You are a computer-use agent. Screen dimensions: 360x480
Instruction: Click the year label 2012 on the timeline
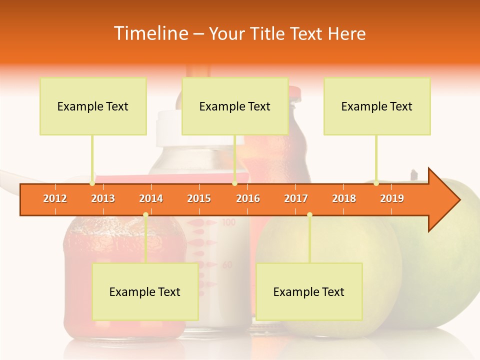tap(55, 198)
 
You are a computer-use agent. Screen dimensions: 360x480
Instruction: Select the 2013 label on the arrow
tap(103, 198)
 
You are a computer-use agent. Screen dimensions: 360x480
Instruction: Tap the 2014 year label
tap(151, 198)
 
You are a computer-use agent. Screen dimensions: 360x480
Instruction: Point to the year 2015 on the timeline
tap(199, 198)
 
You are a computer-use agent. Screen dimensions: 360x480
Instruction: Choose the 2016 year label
tap(248, 198)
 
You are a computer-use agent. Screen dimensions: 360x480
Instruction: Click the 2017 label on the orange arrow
tap(296, 198)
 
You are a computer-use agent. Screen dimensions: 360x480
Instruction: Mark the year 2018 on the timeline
tap(344, 198)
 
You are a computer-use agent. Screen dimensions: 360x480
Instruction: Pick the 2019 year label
tap(392, 198)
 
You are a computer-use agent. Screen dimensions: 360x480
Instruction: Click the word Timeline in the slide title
tap(150, 33)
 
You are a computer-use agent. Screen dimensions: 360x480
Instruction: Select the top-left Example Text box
tap(93, 106)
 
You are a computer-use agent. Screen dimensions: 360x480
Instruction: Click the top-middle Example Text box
tap(235, 106)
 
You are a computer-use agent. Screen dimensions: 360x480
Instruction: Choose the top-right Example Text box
tap(377, 106)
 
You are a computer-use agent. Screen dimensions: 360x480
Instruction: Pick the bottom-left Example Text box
tap(145, 291)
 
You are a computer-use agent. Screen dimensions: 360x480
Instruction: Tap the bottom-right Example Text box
tap(309, 291)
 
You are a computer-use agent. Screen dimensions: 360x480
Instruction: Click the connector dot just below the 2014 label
tap(145, 214)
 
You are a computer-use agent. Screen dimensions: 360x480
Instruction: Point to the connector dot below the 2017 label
tap(309, 214)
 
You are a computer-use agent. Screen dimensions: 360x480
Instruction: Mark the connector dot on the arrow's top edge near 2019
tap(376, 183)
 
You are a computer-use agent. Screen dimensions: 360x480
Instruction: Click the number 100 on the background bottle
tap(228, 222)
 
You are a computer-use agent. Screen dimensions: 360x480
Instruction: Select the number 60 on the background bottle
tap(227, 264)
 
